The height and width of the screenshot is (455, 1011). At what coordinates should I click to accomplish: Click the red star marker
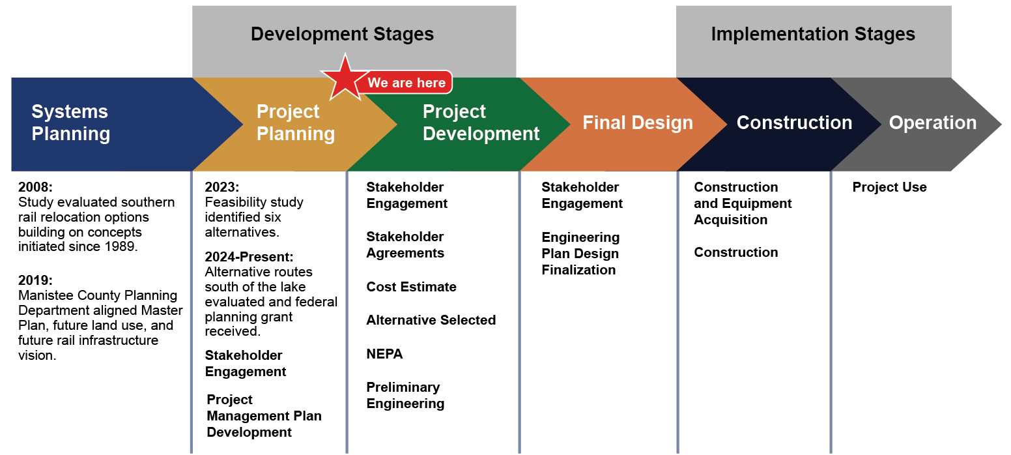coord(345,79)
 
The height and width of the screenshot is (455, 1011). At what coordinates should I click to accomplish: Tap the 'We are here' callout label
coord(406,83)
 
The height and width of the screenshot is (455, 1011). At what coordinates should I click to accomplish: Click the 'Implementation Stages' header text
coord(812,35)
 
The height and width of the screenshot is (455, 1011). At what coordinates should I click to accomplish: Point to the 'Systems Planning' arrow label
coord(71,123)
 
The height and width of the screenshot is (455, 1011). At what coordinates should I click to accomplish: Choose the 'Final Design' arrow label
coord(637,123)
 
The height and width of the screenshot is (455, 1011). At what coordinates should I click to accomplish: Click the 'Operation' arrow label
coord(932,123)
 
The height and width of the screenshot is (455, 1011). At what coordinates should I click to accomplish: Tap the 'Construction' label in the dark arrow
coord(793,123)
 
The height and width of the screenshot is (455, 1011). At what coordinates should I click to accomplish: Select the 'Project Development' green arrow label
coord(481,123)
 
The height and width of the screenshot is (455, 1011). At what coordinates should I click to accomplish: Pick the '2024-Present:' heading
coord(249,257)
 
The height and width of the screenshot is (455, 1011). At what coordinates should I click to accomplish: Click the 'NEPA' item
coord(384,354)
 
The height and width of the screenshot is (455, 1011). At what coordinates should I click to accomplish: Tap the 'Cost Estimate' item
coord(411,287)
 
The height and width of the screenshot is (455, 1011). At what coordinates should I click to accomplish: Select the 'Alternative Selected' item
coord(431,320)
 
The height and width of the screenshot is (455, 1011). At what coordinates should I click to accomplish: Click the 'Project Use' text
coord(889,187)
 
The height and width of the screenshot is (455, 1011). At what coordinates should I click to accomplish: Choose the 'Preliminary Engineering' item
coord(405,395)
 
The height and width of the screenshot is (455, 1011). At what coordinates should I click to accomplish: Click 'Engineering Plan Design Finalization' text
coord(580,254)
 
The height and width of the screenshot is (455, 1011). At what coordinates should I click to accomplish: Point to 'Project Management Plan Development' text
coord(264,416)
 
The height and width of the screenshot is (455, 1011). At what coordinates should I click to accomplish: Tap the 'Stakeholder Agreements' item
coord(405,244)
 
